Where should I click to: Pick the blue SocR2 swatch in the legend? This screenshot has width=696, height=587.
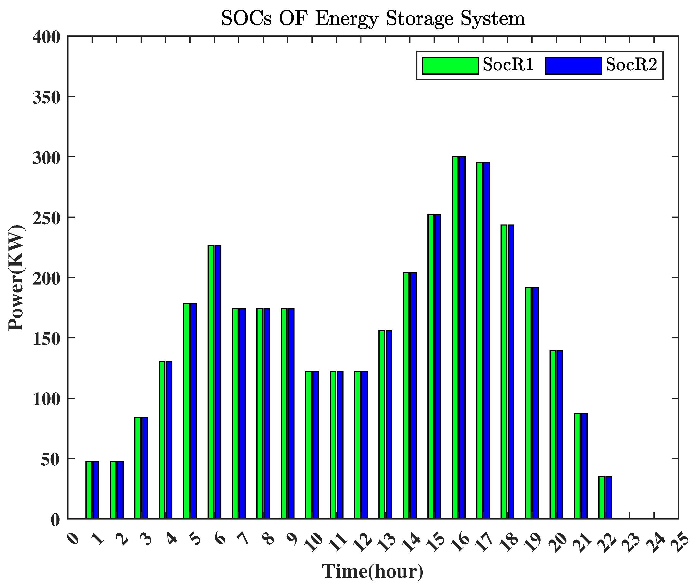[x=573, y=65]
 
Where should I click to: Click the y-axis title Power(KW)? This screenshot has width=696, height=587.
[x=16, y=278]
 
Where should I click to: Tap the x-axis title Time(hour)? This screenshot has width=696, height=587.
[x=372, y=571]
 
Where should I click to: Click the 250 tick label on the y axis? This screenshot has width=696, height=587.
[x=46, y=218]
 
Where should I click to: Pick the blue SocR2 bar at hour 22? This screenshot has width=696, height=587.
[x=609, y=497]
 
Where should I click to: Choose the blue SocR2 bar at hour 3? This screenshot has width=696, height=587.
[x=144, y=467]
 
